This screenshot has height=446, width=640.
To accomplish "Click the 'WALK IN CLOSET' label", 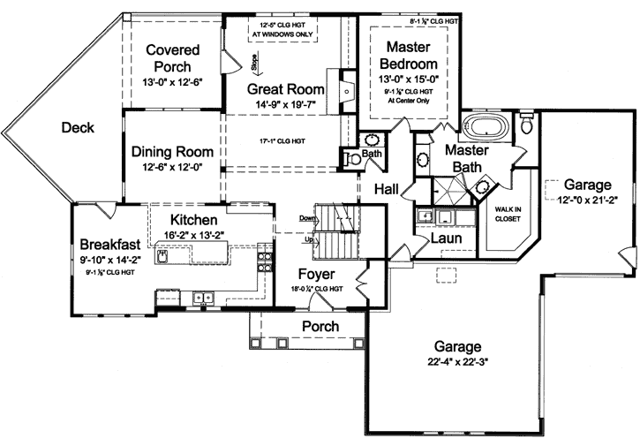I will click(x=508, y=215).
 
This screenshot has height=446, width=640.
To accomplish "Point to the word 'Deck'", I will click(x=78, y=128).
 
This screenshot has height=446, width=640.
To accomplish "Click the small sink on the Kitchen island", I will click(x=164, y=256).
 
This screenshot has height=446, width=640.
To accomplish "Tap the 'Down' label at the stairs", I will click(x=307, y=217).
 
